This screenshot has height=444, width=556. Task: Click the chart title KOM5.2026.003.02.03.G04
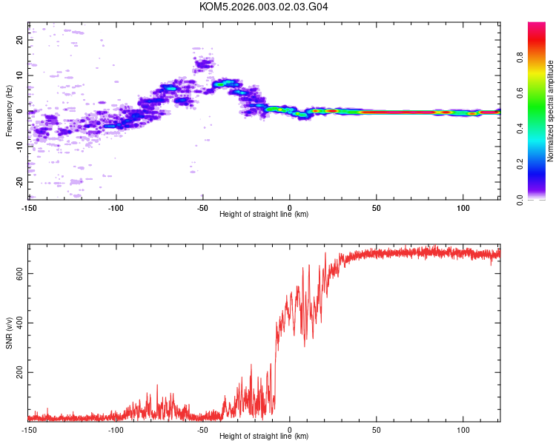(264, 7)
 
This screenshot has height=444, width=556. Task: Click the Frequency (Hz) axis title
(9, 111)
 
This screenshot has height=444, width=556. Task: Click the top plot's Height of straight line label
(264, 214)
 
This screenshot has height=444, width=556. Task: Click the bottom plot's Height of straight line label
(264, 436)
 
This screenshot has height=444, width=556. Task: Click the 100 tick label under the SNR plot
(463, 429)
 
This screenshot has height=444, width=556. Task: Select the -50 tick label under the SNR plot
(202, 429)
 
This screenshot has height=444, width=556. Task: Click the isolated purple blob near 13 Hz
(202, 65)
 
